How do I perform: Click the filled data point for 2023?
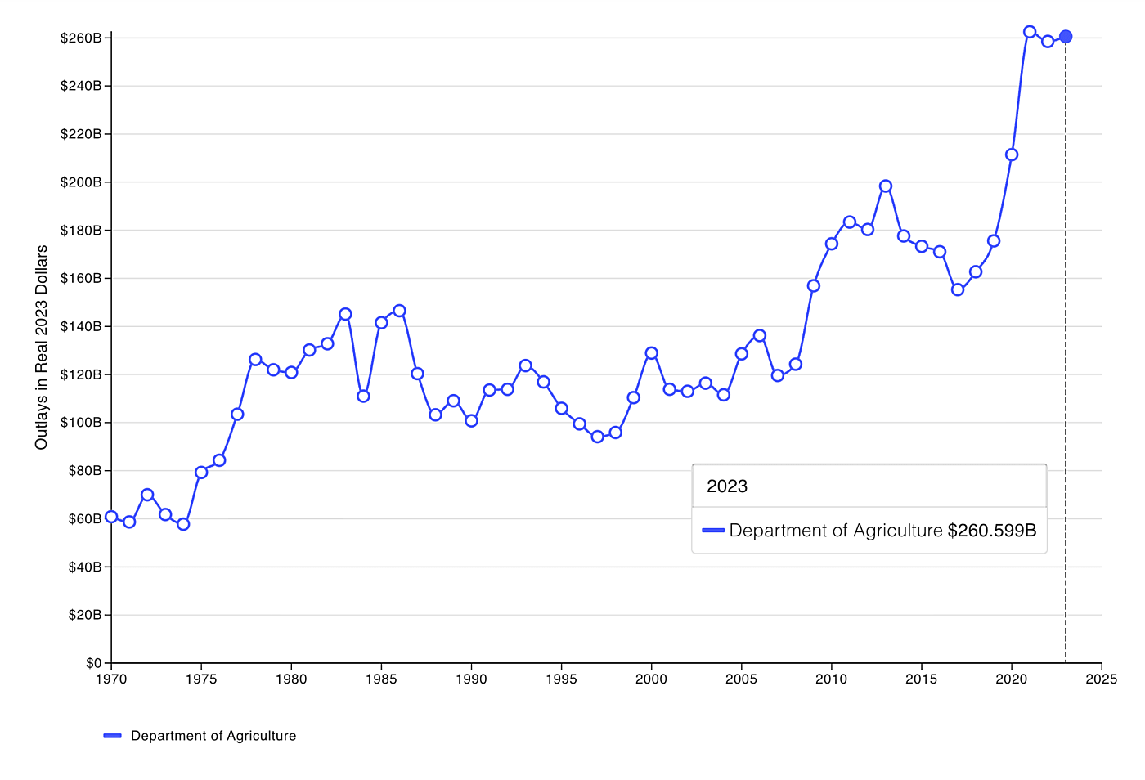pyautogui.click(x=1066, y=37)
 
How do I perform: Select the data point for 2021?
pyautogui.click(x=1030, y=32)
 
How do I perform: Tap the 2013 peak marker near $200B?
pyautogui.click(x=886, y=186)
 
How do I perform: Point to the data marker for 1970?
pyautogui.click(x=111, y=517)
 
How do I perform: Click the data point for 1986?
pyautogui.click(x=399, y=311)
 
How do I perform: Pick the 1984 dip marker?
pyautogui.click(x=363, y=397)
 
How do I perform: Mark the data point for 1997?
pyautogui.click(x=598, y=437)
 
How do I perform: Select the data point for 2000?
pyautogui.click(x=652, y=353)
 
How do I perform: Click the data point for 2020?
pyautogui.click(x=1012, y=155)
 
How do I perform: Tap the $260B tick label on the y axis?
pyautogui.click(x=81, y=38)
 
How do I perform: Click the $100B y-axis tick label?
pyautogui.click(x=81, y=423)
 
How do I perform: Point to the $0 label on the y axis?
pyautogui.click(x=93, y=663)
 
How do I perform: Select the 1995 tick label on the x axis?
pyautogui.click(x=561, y=679)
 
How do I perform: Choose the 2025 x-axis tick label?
pyautogui.click(x=1102, y=679)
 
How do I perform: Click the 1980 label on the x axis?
pyautogui.click(x=291, y=679)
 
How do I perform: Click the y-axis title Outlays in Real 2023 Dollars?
pyautogui.click(x=42, y=347)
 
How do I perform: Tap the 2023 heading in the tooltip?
pyautogui.click(x=727, y=486)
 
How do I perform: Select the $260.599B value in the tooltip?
pyautogui.click(x=992, y=531)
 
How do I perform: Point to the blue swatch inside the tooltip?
pyautogui.click(x=713, y=531)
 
